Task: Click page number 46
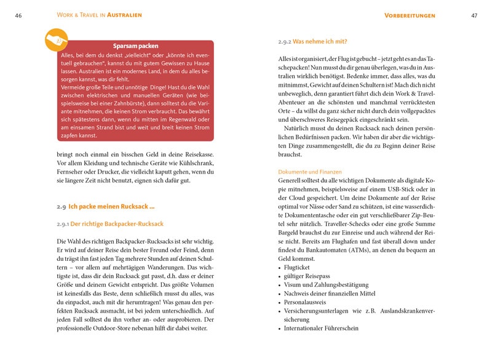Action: tap(18, 15)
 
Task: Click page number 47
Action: tap(474, 15)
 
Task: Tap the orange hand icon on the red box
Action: tap(57, 39)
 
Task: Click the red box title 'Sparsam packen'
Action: tap(136, 46)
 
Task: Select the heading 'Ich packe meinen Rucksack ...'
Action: tap(111, 207)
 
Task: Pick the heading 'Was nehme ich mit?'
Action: tap(320, 42)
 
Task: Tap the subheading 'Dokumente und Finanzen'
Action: tap(310, 172)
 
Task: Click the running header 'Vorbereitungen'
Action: tap(410, 15)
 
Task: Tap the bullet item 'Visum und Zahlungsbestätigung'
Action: tap(326, 285)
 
